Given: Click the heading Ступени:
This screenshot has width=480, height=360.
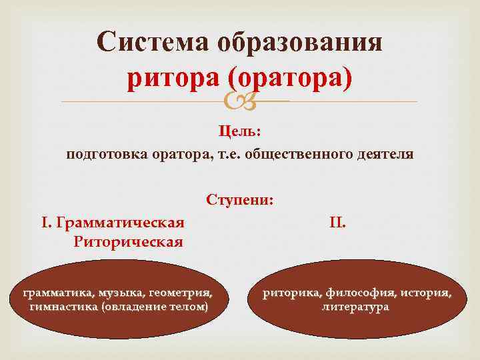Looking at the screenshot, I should point(239,200).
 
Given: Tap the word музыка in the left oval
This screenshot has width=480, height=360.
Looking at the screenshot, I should point(119,293).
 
